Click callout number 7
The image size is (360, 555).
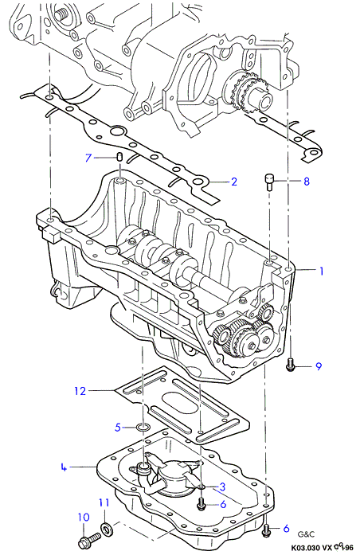88,157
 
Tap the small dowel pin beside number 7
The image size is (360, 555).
119,156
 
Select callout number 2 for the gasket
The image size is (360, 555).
233,182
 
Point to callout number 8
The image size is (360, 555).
307,182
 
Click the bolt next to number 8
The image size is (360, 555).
270,182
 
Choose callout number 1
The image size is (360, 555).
322,271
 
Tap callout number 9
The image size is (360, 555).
319,366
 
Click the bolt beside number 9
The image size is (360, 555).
290,365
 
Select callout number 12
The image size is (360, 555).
80,391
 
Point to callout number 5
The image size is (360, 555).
118,428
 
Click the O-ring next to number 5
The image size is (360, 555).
143,428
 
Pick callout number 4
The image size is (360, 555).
64,467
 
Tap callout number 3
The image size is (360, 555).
222,487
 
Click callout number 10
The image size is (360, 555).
84,517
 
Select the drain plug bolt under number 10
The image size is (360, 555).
88,540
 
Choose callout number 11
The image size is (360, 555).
104,502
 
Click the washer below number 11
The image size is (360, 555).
105,529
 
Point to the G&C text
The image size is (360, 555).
306,534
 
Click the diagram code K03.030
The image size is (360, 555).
306,548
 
